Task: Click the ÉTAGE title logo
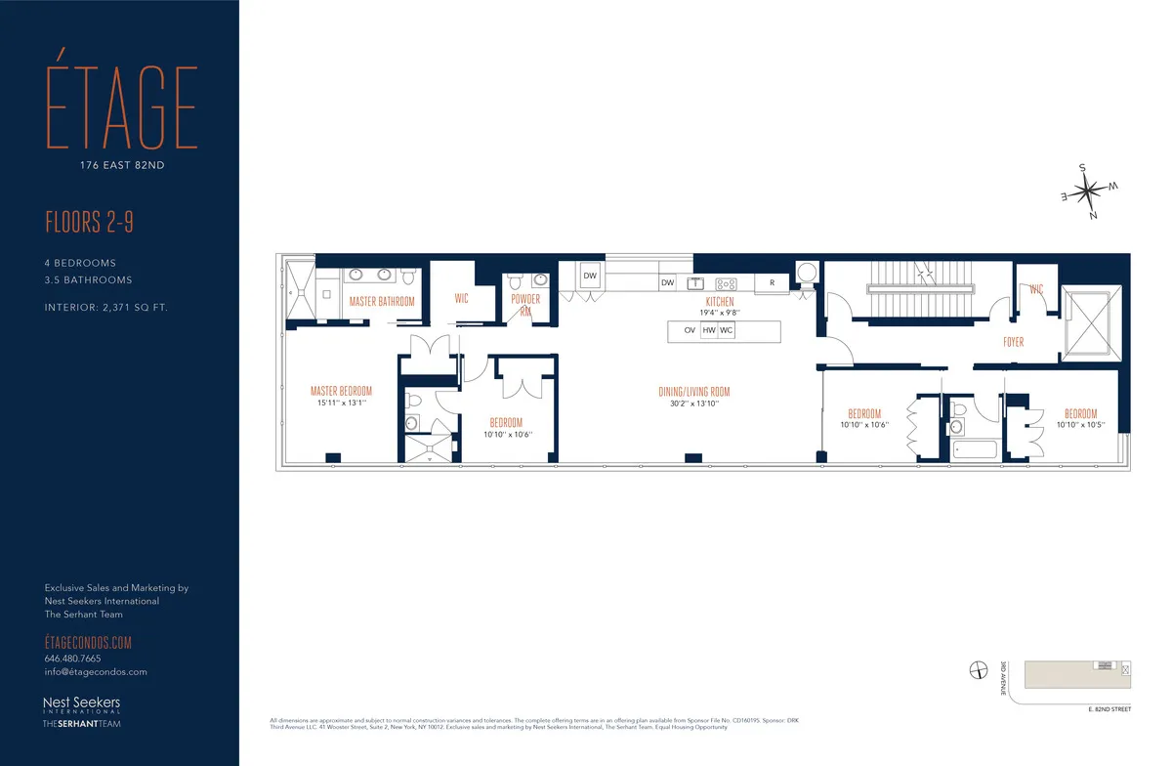click(x=121, y=110)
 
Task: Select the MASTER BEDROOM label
click(x=341, y=391)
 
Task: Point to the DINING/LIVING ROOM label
click(x=693, y=393)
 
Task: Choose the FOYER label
click(x=1013, y=343)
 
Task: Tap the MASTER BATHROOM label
click(x=382, y=302)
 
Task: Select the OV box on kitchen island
click(x=690, y=331)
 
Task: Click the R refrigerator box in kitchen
click(x=772, y=282)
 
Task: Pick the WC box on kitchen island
click(x=727, y=331)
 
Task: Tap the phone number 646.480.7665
click(x=72, y=659)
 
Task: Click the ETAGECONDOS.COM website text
click(x=88, y=642)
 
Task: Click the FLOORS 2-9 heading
click(x=89, y=223)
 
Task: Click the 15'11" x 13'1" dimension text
click(x=341, y=403)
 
